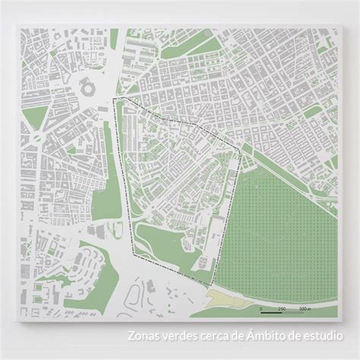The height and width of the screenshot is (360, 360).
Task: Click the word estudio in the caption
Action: (322, 334)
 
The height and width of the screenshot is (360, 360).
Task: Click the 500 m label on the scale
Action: (304, 310)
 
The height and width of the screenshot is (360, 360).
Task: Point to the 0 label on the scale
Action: (261, 310)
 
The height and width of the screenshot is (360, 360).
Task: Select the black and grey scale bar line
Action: (281, 314)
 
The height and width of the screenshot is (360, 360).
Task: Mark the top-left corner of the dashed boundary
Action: (114, 99)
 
